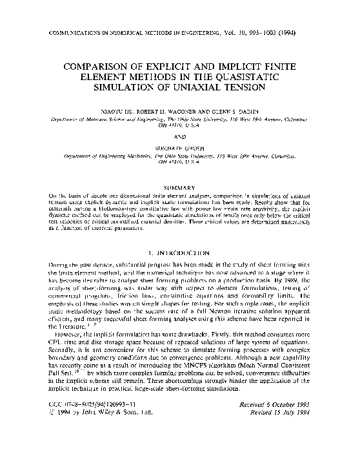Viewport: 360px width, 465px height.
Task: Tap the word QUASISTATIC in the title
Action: [267, 77]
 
